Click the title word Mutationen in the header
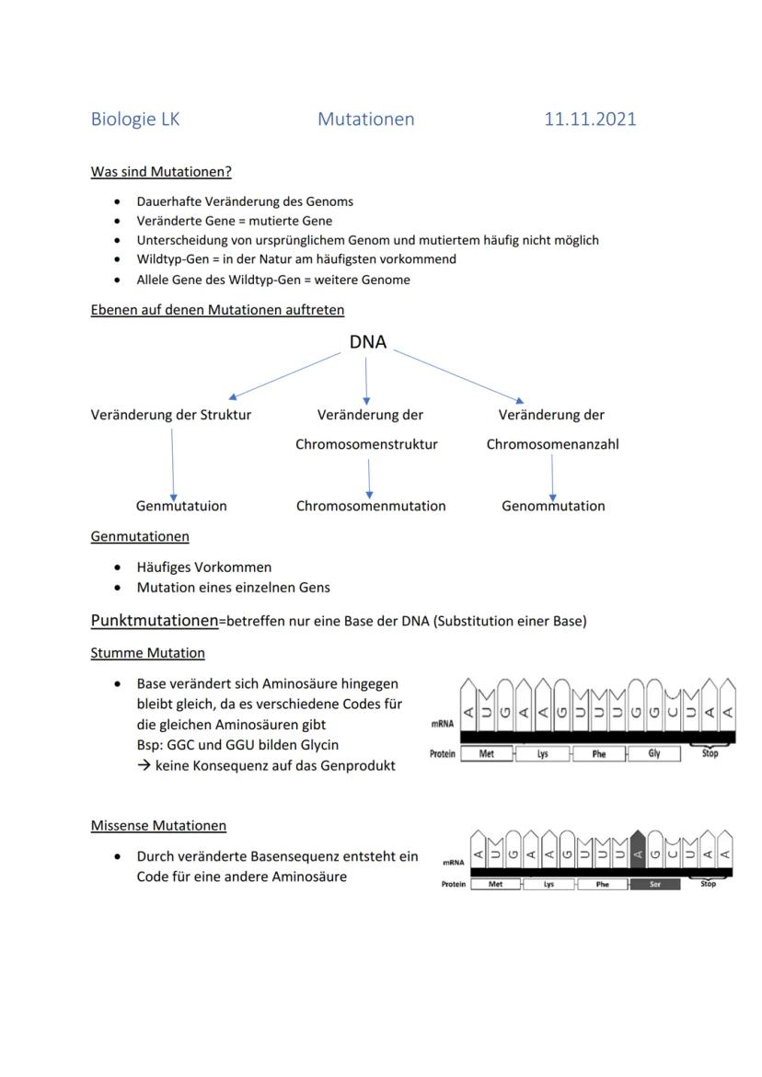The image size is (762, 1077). click(365, 120)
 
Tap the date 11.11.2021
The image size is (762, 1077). click(590, 120)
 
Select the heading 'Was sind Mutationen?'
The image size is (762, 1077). click(161, 172)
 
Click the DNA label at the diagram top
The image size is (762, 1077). click(367, 342)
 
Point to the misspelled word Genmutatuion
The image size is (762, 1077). click(181, 506)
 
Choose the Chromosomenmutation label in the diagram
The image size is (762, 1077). click(371, 506)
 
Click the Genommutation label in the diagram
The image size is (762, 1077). click(553, 506)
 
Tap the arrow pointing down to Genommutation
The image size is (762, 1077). click(552, 476)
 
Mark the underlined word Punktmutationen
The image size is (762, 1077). click(154, 621)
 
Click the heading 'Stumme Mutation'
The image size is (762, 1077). click(147, 653)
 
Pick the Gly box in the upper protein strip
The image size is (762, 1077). click(653, 754)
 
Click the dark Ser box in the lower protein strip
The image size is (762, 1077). click(654, 884)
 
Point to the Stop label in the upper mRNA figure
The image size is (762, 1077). click(710, 753)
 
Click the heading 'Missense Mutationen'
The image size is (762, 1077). click(158, 826)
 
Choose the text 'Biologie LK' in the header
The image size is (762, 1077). click(135, 120)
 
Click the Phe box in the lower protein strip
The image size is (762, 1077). click(602, 884)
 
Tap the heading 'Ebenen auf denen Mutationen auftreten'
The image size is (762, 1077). click(217, 310)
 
